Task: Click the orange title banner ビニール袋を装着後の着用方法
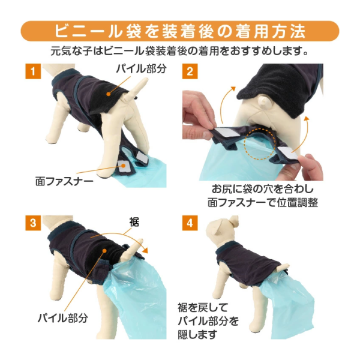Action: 180,29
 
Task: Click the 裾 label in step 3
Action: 134,222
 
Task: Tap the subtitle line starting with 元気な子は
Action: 180,50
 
